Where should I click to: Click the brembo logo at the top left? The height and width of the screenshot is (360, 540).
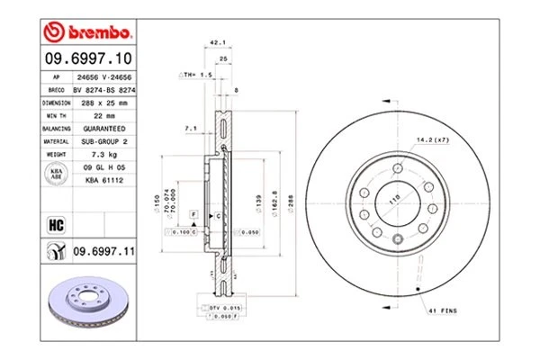coord(88,33)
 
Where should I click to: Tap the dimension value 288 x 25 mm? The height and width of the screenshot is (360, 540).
coord(104,103)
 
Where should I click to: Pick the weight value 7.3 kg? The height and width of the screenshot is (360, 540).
coord(104,153)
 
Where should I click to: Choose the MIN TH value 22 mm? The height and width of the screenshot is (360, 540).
coord(104,115)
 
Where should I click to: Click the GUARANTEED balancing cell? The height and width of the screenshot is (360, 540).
coord(104,128)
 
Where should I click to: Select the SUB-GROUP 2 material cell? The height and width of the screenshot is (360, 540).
coord(104,140)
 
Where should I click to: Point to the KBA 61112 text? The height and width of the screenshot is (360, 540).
coord(104,179)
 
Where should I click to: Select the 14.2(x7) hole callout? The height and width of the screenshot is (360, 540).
coord(433,139)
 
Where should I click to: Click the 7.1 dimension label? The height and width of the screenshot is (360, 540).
coord(190,130)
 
